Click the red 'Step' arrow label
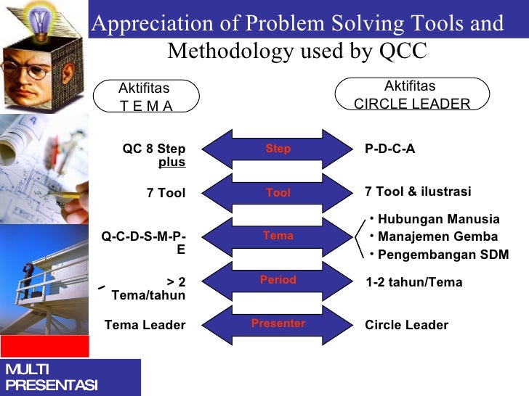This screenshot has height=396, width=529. coord(278,149)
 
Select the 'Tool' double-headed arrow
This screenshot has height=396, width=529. coord(278,193)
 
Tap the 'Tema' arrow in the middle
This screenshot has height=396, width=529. coord(278,236)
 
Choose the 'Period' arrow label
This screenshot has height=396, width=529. coord(278,280)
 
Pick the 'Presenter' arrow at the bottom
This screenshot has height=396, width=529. coord(278,323)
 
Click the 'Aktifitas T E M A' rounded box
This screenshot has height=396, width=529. coord(145,97)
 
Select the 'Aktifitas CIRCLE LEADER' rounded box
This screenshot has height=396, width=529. coord(411,95)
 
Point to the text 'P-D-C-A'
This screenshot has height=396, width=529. coord(390,149)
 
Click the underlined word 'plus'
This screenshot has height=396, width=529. coord(171,162)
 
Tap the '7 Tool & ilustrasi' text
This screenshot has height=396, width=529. coord(418,191)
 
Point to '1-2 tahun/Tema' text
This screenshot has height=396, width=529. coord(413,282)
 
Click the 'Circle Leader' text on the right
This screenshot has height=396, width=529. coord(406,325)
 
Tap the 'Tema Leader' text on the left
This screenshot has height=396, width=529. coord(145,325)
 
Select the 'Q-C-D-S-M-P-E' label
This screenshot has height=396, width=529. coord(144,243)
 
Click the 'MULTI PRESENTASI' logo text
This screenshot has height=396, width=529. coord(51,378)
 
